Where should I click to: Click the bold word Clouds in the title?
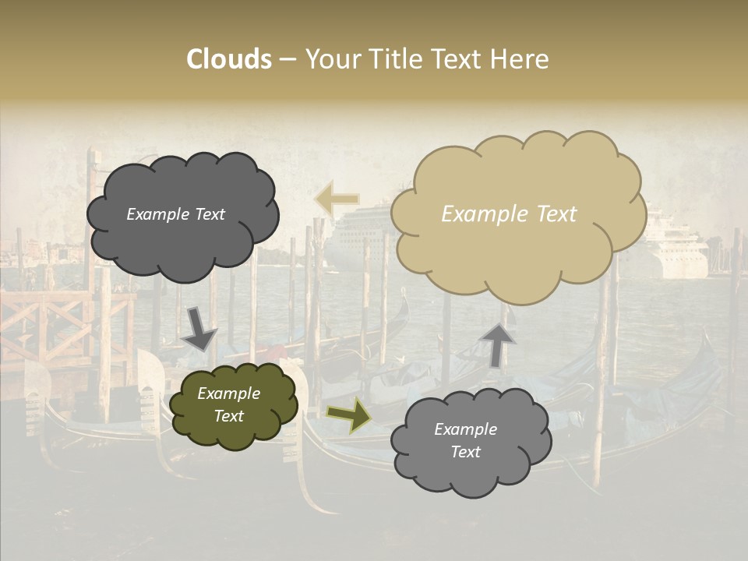tap(229, 59)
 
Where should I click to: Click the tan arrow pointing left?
tap(337, 199)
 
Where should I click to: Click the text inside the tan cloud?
tap(509, 214)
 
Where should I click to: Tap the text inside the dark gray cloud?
tap(175, 214)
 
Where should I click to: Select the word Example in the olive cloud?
tap(228, 393)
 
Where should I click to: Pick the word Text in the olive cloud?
tap(228, 416)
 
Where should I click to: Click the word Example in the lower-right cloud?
tap(465, 429)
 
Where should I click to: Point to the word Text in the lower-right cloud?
tap(465, 452)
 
